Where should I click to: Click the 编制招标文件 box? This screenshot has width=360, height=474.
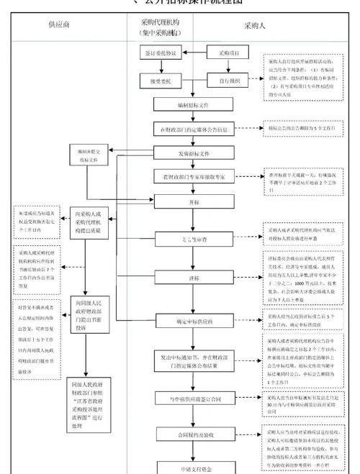pos(192,105)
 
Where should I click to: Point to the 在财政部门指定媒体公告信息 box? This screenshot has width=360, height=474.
pos(192,130)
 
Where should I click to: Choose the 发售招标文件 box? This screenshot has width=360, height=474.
pos(192,153)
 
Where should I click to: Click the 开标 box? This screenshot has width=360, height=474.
pos(192,203)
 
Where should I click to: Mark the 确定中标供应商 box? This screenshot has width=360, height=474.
pos(192,322)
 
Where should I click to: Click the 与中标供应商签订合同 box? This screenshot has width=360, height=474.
pos(192,398)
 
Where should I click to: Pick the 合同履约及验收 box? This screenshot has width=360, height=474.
pos(192,436)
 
